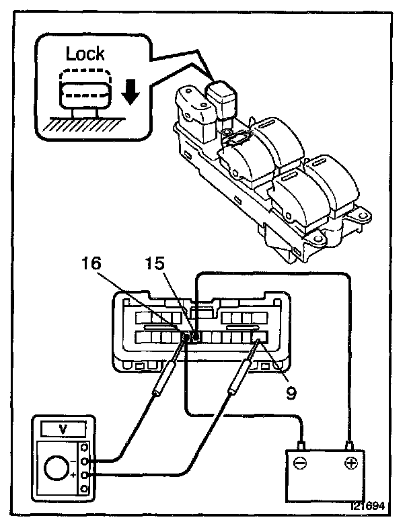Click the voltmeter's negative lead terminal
click(85, 461)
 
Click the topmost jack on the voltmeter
click(85, 447)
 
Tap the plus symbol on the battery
click(350, 463)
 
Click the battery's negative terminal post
click(302, 444)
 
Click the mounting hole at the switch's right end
click(363, 217)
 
